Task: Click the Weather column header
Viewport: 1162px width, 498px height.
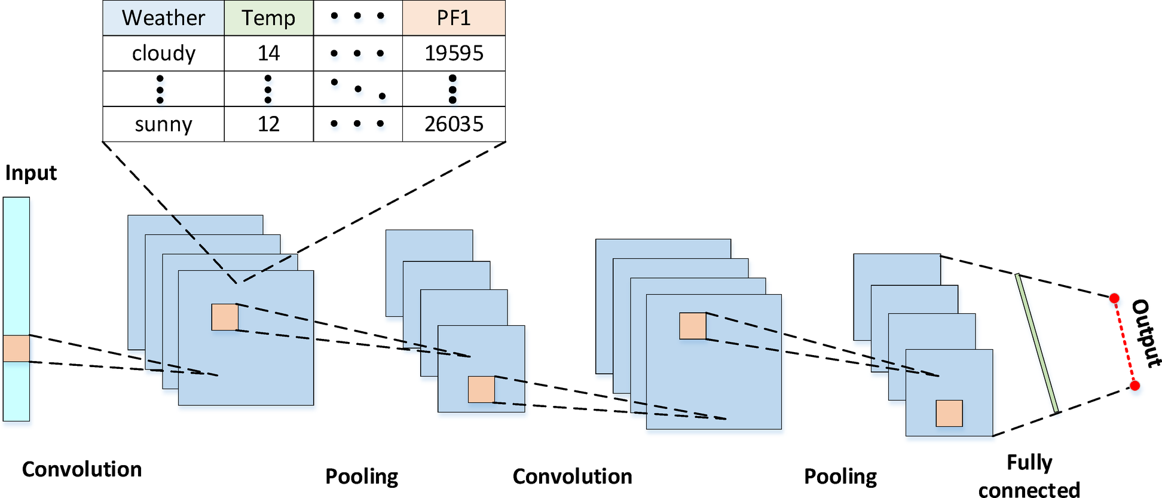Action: point(163,18)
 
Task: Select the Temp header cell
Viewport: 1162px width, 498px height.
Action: point(268,18)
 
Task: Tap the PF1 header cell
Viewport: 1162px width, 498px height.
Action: point(454,18)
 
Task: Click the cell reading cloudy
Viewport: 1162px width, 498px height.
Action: point(163,53)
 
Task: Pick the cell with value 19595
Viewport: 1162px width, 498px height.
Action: point(454,53)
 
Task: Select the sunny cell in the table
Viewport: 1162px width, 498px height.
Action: point(163,124)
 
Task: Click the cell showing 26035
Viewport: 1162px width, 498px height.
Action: point(454,124)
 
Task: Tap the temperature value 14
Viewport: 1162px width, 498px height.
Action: point(268,53)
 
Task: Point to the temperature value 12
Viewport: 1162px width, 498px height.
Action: point(268,124)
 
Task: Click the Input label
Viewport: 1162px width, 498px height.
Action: point(31,173)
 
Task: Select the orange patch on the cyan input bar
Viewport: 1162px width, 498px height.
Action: point(16,349)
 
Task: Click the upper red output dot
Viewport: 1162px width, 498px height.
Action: point(1114,298)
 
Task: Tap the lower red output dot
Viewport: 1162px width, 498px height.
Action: point(1135,386)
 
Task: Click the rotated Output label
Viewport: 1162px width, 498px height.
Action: point(1146,333)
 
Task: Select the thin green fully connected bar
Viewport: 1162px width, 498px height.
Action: point(1037,343)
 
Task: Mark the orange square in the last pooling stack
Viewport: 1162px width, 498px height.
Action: point(949,413)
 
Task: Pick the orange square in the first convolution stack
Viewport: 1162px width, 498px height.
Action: point(225,317)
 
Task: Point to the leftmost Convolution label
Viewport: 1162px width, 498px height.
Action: point(82,469)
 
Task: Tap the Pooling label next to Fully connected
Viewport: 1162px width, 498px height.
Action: point(840,476)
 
